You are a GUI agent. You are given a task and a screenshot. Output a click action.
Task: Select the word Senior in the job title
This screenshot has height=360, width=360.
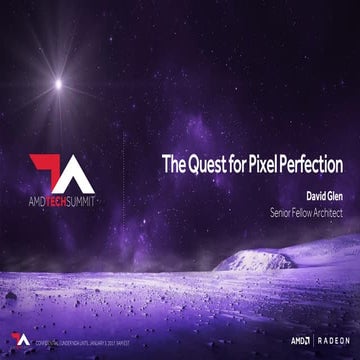click(x=283, y=213)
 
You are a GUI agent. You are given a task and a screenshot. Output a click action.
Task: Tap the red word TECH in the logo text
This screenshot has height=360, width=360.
click(x=66, y=198)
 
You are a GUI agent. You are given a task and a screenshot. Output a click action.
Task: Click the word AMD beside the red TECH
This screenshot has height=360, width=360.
click(x=41, y=198)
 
